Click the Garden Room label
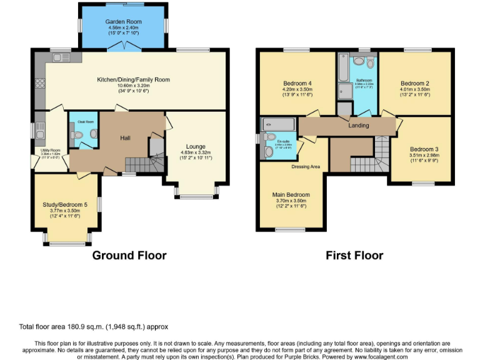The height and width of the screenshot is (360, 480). point(123,22)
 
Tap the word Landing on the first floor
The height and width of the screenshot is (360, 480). point(359,126)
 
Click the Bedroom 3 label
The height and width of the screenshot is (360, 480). point(424,149)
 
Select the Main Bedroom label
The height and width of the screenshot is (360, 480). point(291,195)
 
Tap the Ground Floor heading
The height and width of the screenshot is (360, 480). point(129,255)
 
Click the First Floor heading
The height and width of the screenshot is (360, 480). point(354,255)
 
